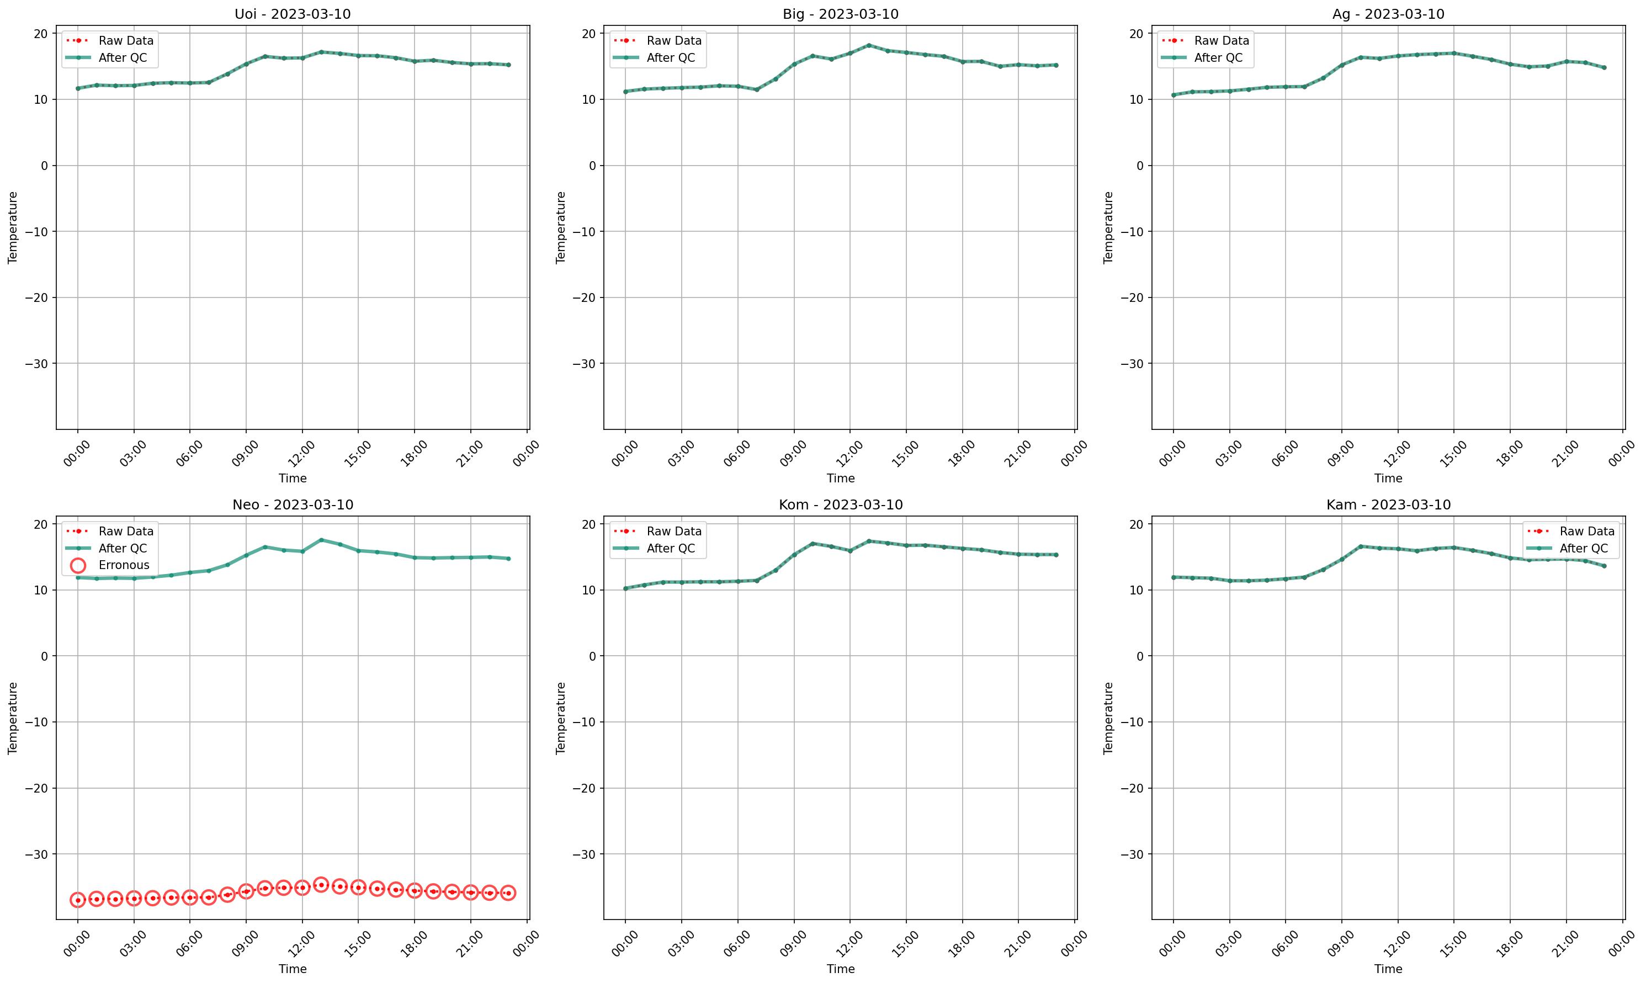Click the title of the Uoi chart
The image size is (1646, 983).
[292, 14]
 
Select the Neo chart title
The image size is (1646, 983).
[292, 505]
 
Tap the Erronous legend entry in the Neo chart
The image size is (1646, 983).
[124, 565]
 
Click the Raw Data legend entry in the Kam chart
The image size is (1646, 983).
[1586, 532]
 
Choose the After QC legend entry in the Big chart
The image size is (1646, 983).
[670, 57]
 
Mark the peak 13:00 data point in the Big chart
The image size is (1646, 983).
[868, 45]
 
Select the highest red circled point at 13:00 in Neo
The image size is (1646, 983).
[321, 884]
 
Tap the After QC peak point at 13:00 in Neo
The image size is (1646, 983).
[321, 540]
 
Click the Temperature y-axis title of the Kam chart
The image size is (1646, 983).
[1108, 718]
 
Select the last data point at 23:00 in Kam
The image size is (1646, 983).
[1603, 566]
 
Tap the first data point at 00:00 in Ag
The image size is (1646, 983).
[1173, 95]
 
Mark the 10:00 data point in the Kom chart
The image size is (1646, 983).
[812, 543]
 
